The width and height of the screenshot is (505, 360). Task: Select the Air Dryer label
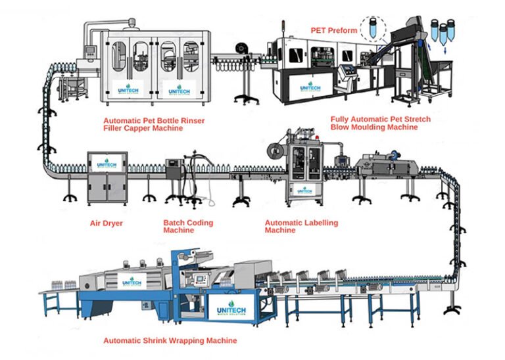point(107,223)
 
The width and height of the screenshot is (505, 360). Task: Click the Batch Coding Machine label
point(188,227)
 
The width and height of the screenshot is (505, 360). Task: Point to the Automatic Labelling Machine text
point(302,227)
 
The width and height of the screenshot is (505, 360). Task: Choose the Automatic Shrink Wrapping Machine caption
point(170,341)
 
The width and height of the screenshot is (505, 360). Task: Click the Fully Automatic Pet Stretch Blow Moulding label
point(373,123)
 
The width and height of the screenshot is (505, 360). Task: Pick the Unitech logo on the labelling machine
point(304,189)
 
